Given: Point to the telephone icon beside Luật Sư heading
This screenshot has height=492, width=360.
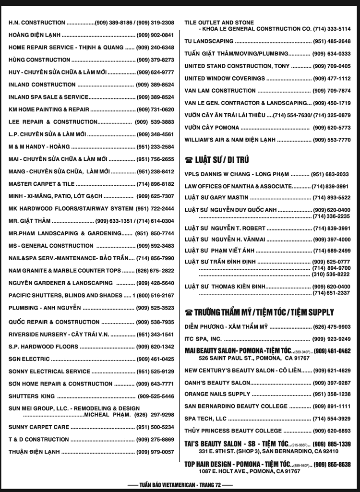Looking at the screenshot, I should coord(189,160).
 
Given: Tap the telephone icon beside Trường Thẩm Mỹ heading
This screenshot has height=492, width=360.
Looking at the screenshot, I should coord(189,312).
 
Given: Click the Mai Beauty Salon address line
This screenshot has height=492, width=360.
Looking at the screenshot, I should coord(254,358).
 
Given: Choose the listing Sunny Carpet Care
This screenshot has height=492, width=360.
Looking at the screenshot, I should coord(39,427).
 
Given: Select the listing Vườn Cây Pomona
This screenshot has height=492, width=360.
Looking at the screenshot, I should coord(212,128).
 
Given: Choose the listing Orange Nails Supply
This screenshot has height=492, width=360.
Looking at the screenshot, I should coord(217,394).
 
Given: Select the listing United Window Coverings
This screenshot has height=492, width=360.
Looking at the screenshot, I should coord(225,78).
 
